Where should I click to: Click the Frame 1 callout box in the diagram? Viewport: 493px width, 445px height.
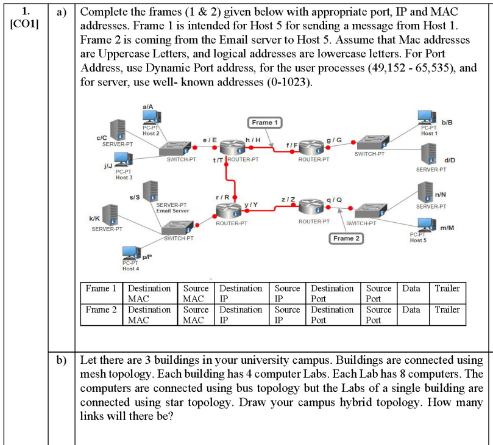point(263,123)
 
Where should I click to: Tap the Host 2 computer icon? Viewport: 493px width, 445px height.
point(151,117)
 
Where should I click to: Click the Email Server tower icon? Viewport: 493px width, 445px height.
point(150,193)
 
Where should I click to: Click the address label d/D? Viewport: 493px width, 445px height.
point(449,160)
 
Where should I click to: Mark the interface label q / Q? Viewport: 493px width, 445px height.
point(335,200)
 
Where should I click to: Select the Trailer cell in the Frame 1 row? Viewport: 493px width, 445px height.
point(447,288)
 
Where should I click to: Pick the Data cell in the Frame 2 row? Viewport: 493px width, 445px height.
point(411,309)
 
